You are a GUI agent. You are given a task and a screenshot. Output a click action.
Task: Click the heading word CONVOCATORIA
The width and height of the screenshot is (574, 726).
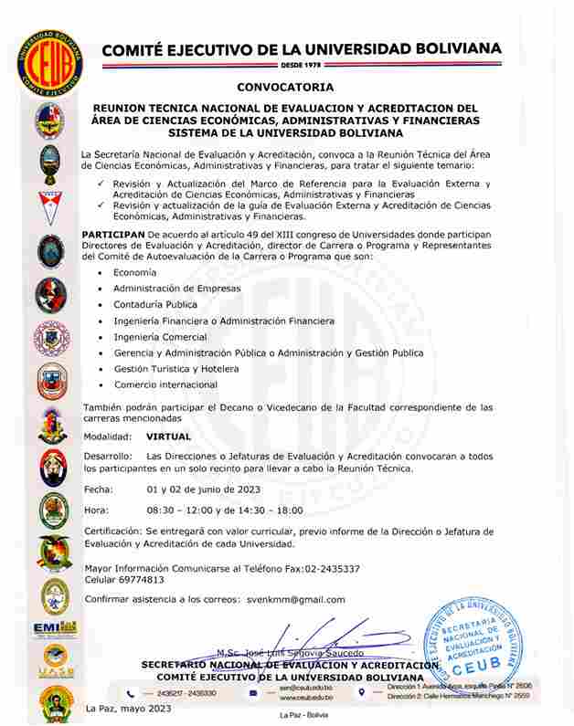tap(284, 88)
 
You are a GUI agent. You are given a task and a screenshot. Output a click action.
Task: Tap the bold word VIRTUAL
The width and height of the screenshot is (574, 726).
tap(168, 437)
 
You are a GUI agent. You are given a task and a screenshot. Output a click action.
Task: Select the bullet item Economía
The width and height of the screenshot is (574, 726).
tap(134, 272)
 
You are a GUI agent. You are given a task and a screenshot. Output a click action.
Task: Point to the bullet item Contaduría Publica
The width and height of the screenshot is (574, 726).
tap(155, 304)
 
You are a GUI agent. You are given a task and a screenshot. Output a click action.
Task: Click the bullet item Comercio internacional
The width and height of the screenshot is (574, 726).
tap(165, 384)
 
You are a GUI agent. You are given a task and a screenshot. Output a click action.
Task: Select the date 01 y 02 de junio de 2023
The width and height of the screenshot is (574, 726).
tap(204, 489)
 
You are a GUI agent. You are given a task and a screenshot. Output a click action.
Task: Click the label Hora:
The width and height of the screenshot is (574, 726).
tap(96, 510)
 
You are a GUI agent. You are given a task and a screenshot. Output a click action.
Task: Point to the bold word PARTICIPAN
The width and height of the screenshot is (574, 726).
tap(112, 235)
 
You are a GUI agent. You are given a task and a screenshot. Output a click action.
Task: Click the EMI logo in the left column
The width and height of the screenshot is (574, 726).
tap(54, 628)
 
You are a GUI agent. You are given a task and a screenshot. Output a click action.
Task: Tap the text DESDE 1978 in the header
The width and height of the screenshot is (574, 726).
tap(301, 67)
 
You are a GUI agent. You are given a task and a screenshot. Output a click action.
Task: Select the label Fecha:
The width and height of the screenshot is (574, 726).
tap(98, 489)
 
